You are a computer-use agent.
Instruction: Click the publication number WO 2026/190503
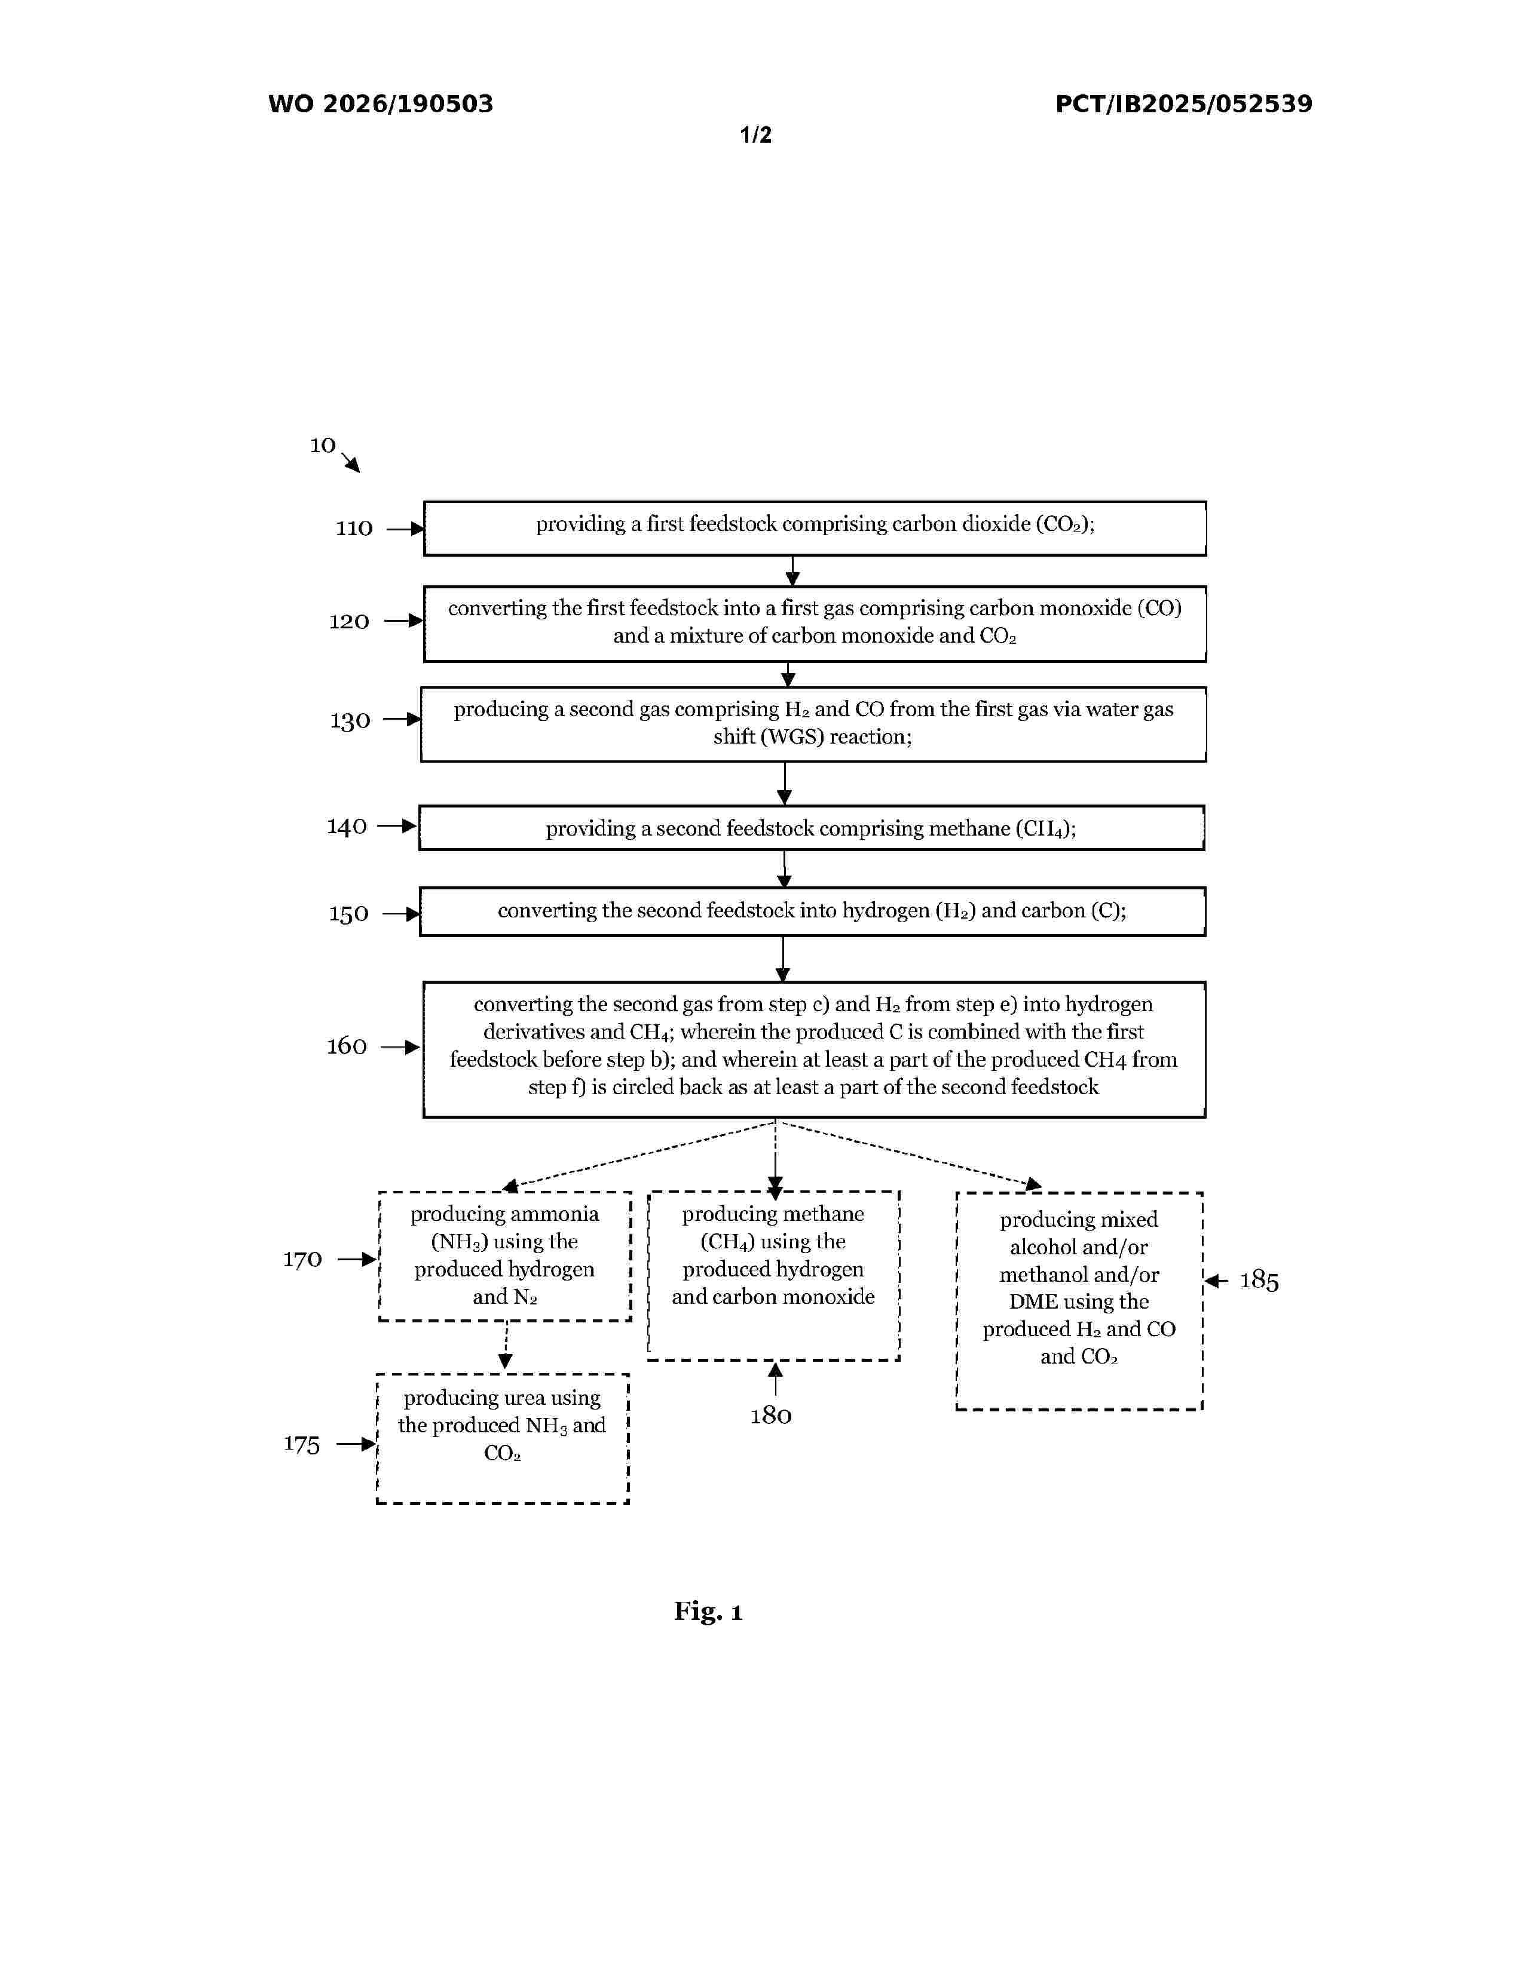[380, 105]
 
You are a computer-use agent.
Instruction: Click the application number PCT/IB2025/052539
[1183, 105]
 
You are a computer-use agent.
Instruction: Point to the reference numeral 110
[354, 529]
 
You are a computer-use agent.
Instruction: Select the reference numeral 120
[348, 622]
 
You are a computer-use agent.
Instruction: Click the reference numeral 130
[350, 721]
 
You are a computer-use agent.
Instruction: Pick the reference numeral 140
[347, 827]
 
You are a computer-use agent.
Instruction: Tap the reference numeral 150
[348, 914]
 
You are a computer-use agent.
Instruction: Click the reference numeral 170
[302, 1260]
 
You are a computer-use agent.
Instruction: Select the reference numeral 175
[302, 1445]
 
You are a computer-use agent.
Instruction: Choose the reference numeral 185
[1259, 1282]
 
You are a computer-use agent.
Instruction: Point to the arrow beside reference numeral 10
[351, 463]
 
